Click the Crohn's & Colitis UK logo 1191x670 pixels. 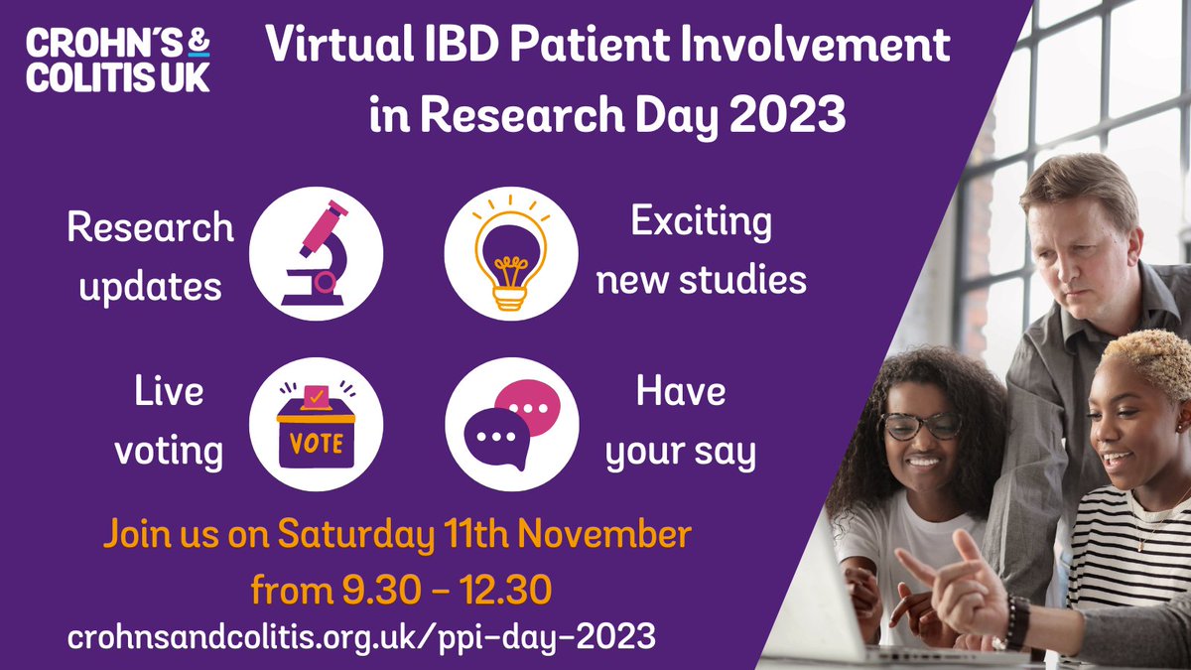[118, 61]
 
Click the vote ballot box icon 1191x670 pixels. [316, 424]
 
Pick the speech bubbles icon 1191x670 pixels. [511, 425]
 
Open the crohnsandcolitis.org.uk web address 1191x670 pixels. [361, 637]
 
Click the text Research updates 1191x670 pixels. [150, 256]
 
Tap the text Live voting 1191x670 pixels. [168, 422]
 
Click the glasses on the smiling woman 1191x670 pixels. [920, 424]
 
